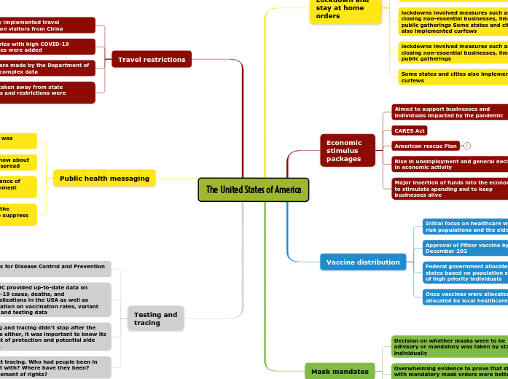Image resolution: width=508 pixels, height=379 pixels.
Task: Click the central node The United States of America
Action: (x=253, y=189)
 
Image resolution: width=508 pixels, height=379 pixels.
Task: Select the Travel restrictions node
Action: (x=152, y=59)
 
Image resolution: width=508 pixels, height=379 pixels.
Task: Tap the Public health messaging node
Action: (x=104, y=178)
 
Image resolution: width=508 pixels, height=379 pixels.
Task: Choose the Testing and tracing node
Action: (x=155, y=319)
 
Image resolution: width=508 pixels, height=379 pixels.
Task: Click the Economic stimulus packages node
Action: (x=347, y=150)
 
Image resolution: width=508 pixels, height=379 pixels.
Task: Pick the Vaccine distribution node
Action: (x=362, y=262)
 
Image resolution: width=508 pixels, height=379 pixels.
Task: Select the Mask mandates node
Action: (x=340, y=371)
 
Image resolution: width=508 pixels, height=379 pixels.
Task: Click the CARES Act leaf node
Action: (x=409, y=130)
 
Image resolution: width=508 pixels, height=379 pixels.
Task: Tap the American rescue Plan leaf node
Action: (x=426, y=146)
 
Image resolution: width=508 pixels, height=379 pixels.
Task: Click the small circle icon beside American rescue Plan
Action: (x=467, y=146)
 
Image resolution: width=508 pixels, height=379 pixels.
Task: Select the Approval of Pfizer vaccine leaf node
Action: (x=465, y=247)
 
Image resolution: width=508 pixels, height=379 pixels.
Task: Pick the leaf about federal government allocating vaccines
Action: (x=465, y=272)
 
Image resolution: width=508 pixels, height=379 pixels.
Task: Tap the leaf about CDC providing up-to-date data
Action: (x=55, y=300)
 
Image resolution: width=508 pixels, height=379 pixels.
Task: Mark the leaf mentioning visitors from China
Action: (x=47, y=26)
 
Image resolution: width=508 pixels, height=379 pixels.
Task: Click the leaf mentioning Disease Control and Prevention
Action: (x=55, y=269)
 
